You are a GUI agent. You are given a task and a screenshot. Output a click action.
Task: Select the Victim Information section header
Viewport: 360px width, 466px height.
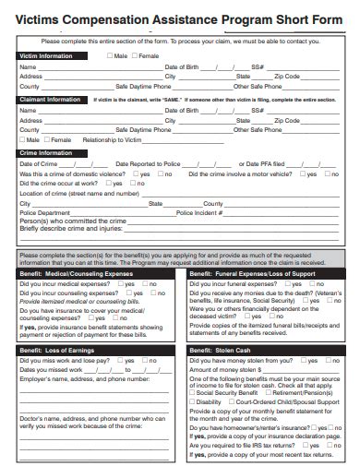[47, 56]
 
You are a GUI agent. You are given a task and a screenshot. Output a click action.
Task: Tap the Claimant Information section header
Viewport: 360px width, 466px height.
[51, 100]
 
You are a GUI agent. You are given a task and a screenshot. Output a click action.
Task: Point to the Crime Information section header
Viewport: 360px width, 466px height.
[46, 152]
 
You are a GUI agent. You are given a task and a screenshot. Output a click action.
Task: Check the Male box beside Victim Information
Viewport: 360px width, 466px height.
[109, 56]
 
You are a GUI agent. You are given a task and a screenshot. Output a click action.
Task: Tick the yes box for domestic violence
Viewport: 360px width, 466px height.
[136, 173]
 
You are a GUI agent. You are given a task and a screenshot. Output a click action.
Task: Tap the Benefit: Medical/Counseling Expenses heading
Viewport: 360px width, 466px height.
[76, 274]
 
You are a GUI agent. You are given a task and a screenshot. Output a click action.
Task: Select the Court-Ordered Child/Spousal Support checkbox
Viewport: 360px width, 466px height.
[232, 402]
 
